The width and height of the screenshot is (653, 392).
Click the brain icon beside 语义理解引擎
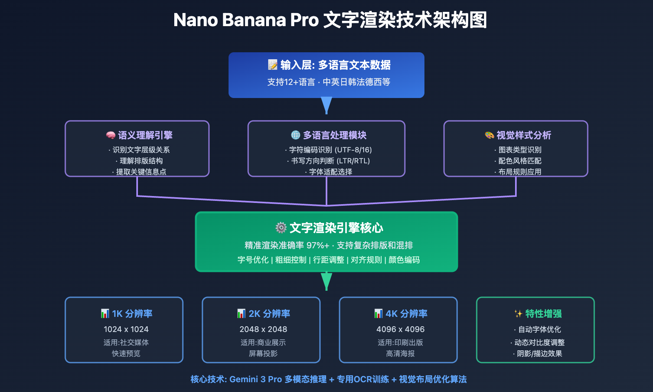point(111,135)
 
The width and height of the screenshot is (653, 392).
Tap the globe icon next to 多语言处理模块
point(295,135)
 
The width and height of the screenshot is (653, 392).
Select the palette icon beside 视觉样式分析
point(489,135)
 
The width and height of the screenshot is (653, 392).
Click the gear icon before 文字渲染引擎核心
point(281,227)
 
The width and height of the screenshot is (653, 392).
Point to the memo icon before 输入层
point(273,65)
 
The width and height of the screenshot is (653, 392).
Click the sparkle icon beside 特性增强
point(518,314)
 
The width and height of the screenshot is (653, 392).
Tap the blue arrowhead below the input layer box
point(326,105)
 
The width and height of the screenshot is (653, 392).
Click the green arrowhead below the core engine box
point(326,281)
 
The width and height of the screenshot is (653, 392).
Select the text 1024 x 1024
point(126,329)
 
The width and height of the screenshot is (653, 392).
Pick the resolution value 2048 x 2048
point(263,329)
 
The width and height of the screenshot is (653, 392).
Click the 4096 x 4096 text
point(400,329)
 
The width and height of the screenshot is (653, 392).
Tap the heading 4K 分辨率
point(406,314)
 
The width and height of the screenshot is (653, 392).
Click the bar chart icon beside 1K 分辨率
point(105,313)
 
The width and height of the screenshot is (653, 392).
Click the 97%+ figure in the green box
point(318,245)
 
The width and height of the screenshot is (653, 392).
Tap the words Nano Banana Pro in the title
point(246,20)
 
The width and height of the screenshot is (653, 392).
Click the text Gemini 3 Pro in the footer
point(255,379)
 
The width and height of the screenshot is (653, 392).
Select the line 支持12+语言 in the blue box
point(291,82)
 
